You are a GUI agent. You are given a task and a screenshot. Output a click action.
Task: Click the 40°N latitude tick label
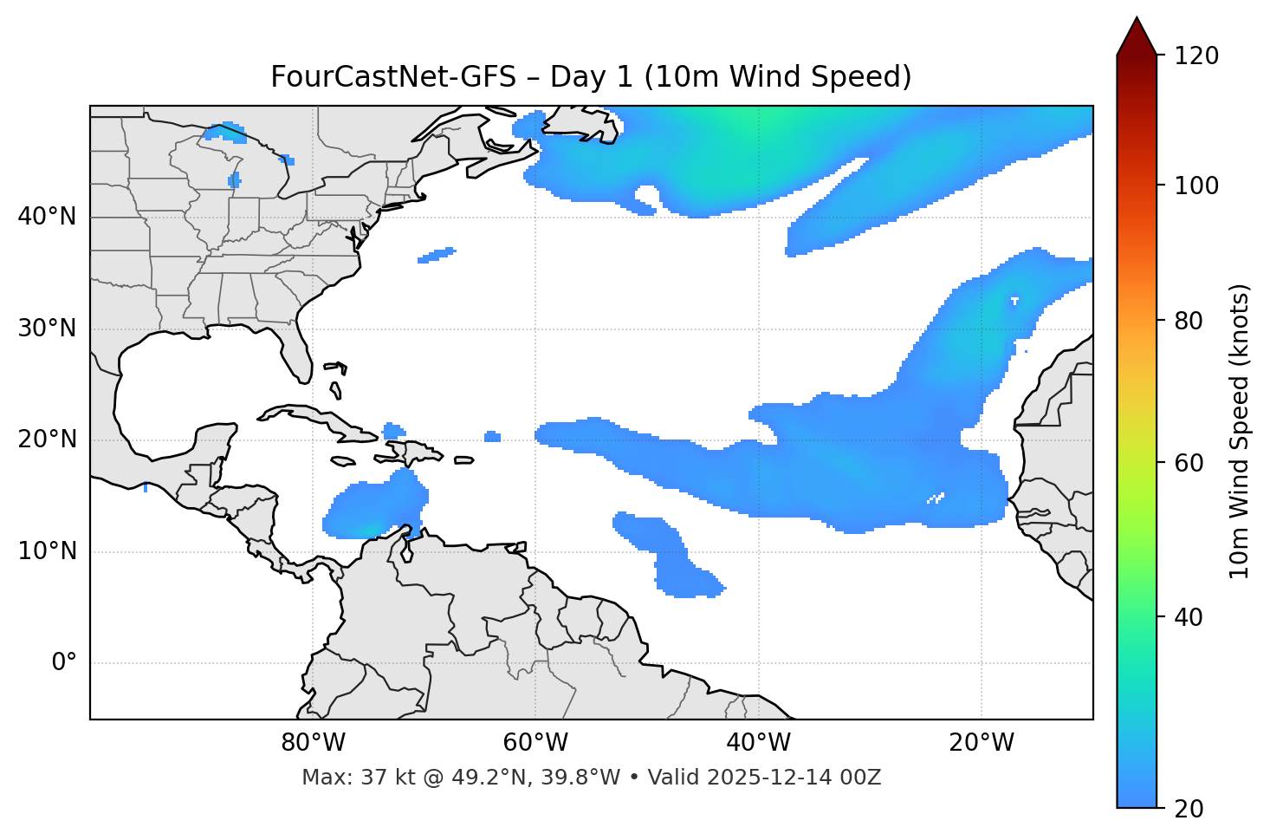47,217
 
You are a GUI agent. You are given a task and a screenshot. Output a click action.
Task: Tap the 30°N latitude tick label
47,329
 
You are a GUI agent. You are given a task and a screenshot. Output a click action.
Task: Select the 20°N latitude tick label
47,440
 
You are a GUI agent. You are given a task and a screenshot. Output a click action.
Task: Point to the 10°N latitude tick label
47,551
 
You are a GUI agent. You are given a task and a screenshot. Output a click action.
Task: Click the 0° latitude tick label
64,663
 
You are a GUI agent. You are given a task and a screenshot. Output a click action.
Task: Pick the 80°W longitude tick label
313,743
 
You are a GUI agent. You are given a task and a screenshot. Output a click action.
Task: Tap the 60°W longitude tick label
535,743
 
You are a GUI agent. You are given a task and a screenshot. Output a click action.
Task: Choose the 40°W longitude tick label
758,743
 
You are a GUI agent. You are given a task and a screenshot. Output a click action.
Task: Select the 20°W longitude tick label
981,743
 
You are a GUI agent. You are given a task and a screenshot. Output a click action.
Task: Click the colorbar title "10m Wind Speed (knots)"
1240,431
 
